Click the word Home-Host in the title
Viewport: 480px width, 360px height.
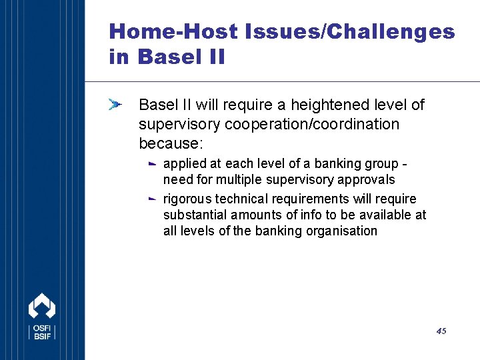point(173,31)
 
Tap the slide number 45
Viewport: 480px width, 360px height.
point(441,331)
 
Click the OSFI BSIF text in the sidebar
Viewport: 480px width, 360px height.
point(42,332)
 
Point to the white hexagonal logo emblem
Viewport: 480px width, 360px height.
point(42,305)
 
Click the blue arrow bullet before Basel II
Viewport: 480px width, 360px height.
point(115,105)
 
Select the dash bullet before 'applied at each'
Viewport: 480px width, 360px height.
point(152,164)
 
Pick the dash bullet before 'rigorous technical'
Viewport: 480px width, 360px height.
point(152,199)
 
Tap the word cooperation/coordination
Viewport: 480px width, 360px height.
point(312,124)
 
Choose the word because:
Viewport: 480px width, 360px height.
point(171,143)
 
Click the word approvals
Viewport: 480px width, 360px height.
point(366,180)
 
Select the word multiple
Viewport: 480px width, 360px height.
point(239,180)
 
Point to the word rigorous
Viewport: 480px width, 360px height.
point(187,199)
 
